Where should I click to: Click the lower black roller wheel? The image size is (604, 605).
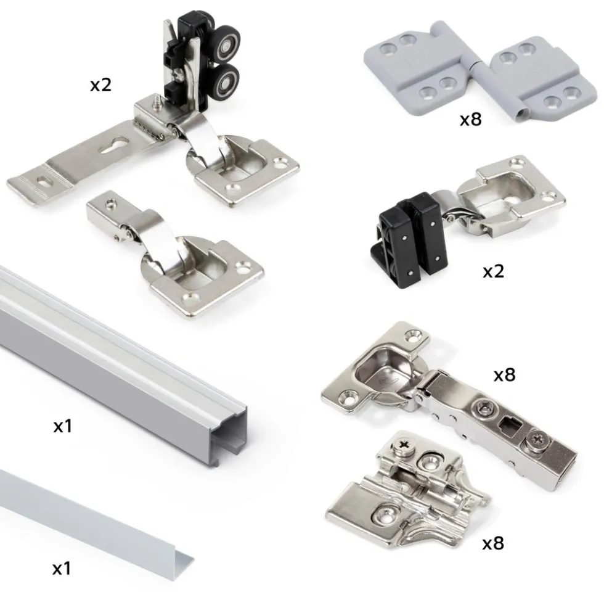tap(226, 81)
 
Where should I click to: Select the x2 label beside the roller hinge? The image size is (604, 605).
tap(100, 84)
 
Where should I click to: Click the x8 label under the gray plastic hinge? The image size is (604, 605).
tap(471, 119)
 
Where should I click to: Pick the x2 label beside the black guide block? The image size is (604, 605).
tap(493, 271)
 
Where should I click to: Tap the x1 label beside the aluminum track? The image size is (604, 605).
tap(62, 426)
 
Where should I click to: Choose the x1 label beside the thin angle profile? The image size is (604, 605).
tap(62, 569)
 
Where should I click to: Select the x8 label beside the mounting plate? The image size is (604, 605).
tap(493, 543)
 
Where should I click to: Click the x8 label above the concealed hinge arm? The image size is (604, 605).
tap(505, 374)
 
